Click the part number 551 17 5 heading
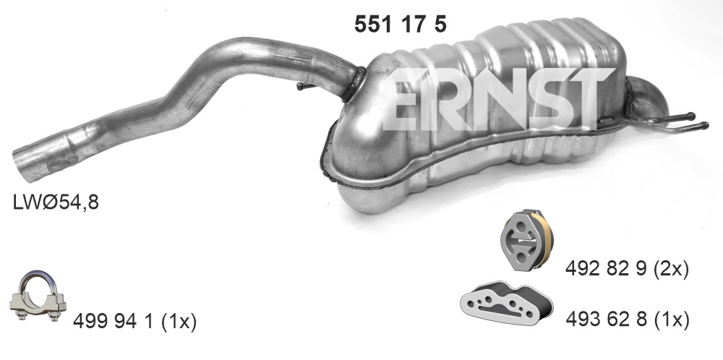[401, 24]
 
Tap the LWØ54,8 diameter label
[56, 202]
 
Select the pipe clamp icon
[38, 296]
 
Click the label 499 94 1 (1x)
[134, 321]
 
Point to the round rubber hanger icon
[526, 239]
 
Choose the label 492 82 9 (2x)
[627, 269]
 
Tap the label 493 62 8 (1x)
[628, 320]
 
